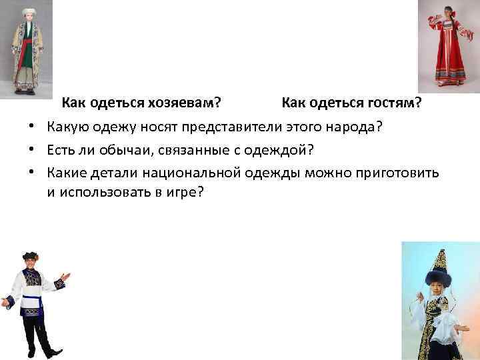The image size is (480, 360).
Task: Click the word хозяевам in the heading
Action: (188, 103)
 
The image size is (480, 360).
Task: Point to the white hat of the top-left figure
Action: (29, 13)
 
